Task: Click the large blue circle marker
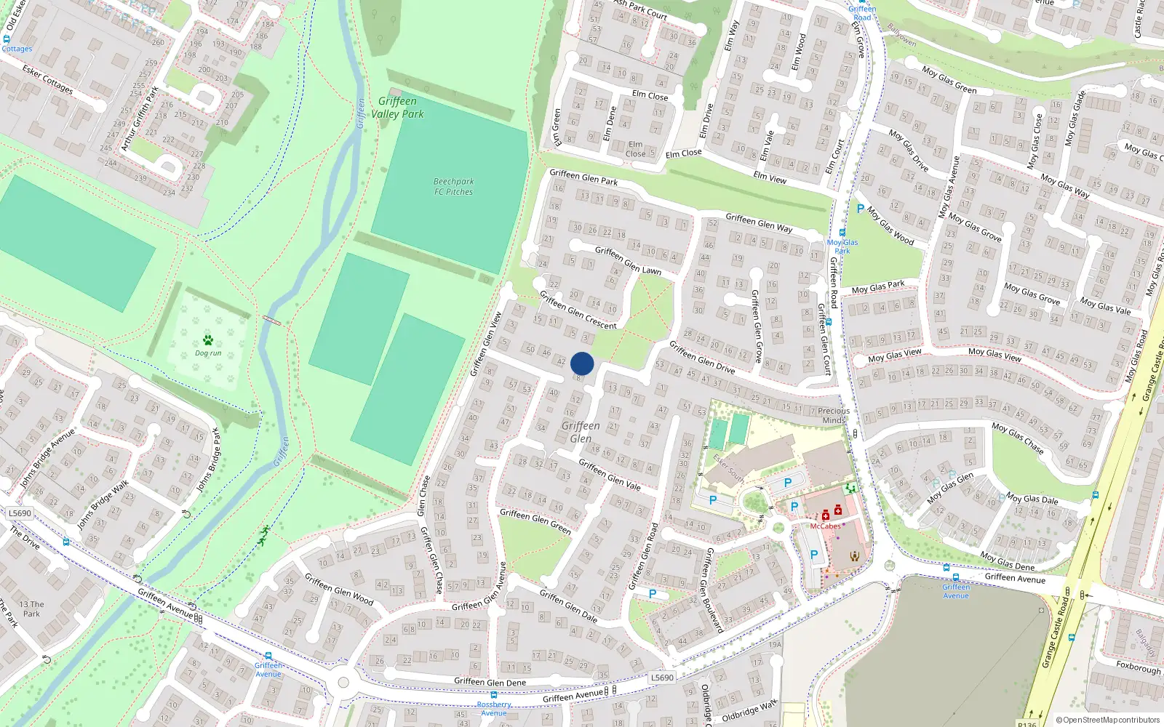pos(582,363)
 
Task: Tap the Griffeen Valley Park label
pos(397,108)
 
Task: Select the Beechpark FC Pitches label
pos(453,187)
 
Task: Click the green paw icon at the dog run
pos(208,340)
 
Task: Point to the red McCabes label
pos(825,526)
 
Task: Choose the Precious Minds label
pos(833,415)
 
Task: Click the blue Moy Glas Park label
pos(842,246)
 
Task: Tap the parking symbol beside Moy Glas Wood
pos(861,209)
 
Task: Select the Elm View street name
pos(770,177)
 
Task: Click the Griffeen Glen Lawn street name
pos(628,260)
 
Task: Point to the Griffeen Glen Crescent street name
pos(578,310)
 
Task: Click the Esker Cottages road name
pos(47,79)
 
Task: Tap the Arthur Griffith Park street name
pos(140,119)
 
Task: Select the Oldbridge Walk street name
pos(749,710)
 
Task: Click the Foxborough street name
pos(1139,667)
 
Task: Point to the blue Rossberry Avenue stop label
pos(494,709)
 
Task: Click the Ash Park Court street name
pos(640,9)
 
